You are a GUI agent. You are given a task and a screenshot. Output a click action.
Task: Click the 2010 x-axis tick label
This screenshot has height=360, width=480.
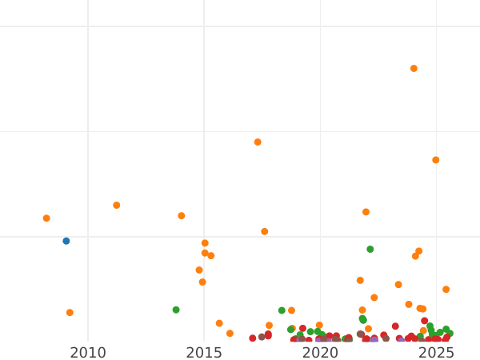pyautogui.click(x=88, y=352)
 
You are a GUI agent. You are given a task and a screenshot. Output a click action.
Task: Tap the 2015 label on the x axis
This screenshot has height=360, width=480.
pyautogui.click(x=204, y=352)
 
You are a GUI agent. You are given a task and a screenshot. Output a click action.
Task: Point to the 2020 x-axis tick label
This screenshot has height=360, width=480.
pyautogui.click(x=320, y=352)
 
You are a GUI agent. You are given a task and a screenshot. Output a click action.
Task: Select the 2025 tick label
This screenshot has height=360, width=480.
pyautogui.click(x=436, y=352)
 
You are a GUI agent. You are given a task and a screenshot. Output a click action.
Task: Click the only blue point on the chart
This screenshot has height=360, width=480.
pyautogui.click(x=66, y=241)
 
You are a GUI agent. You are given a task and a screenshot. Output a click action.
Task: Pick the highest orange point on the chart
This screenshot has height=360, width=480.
pyautogui.click(x=414, y=69)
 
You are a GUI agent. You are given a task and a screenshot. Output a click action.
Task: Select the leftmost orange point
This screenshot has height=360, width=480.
pyautogui.click(x=46, y=218)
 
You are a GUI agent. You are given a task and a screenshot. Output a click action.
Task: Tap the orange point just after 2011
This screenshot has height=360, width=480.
pyautogui.click(x=117, y=206)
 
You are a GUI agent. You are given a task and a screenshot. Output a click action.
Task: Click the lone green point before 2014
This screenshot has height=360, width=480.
pyautogui.click(x=176, y=310)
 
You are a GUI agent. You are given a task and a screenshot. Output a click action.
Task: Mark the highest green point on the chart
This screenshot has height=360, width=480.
pyautogui.click(x=370, y=249)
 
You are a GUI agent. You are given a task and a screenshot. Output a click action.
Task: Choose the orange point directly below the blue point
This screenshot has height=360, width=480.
pyautogui.click(x=70, y=313)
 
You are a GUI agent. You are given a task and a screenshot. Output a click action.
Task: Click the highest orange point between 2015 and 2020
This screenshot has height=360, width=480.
pyautogui.click(x=258, y=142)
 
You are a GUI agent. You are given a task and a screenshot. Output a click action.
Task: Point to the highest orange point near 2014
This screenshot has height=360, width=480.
pyautogui.click(x=182, y=216)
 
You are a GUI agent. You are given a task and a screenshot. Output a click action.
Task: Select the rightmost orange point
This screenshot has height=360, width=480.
pyautogui.click(x=446, y=290)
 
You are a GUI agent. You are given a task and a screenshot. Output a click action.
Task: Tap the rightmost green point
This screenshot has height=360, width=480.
pyautogui.click(x=450, y=333)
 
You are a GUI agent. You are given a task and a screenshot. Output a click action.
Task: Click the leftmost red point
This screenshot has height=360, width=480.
pyautogui.click(x=253, y=338)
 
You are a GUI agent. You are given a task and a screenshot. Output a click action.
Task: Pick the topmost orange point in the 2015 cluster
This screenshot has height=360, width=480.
pyautogui.click(x=205, y=243)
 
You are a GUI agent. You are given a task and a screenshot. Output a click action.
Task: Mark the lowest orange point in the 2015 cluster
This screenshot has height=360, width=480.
pyautogui.click(x=202, y=282)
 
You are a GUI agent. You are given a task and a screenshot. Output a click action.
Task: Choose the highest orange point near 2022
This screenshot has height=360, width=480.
pyautogui.click(x=366, y=212)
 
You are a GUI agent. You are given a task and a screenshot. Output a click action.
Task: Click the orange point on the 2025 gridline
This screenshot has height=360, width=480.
pyautogui.click(x=436, y=160)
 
